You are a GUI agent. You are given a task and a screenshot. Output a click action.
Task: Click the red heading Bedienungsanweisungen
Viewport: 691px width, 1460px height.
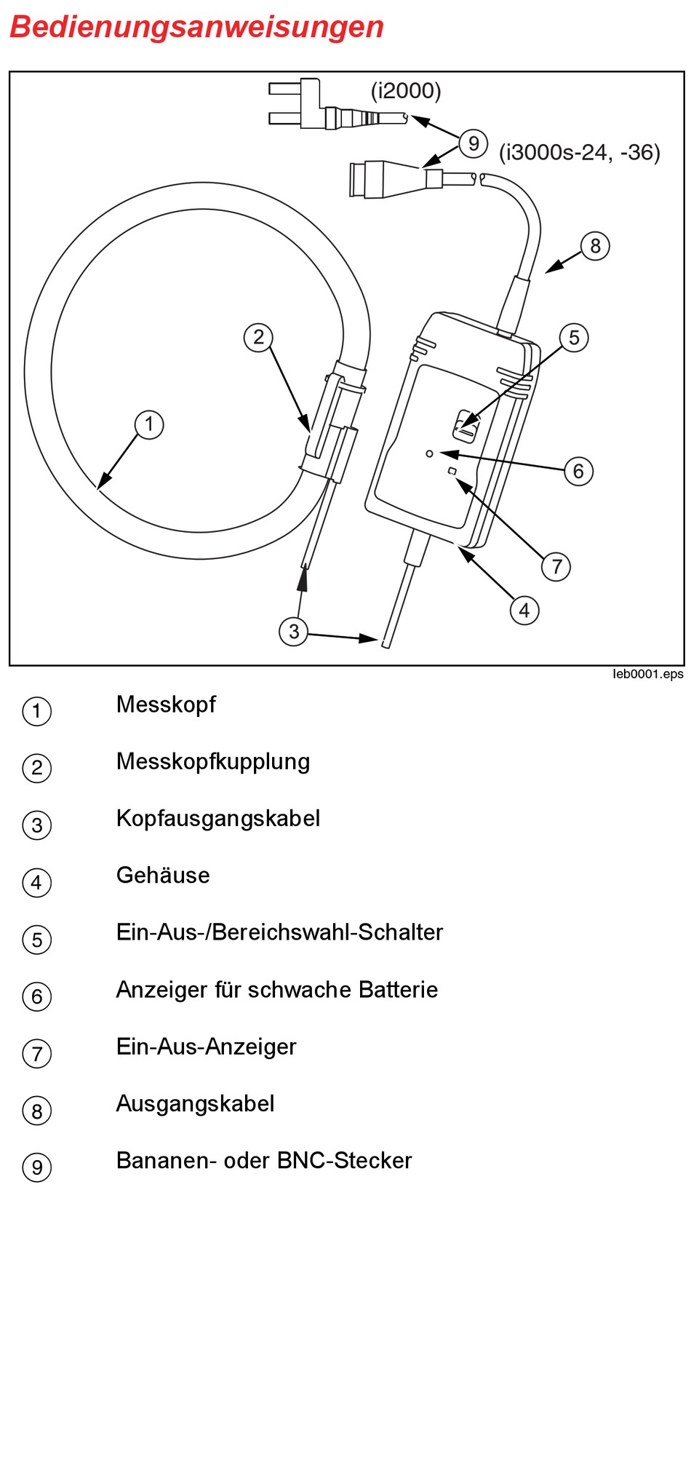coord(196,28)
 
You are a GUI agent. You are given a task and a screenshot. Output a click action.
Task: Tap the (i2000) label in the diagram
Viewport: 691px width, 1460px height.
coord(406,91)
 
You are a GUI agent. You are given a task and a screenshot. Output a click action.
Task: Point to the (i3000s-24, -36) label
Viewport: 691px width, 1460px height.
coord(579,152)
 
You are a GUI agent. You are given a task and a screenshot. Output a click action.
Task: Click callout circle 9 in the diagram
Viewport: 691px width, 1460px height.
coord(474,143)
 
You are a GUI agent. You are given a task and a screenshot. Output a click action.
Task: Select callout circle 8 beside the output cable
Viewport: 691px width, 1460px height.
coord(595,246)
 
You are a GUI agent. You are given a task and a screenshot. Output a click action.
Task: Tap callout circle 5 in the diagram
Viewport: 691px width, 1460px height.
coord(574,338)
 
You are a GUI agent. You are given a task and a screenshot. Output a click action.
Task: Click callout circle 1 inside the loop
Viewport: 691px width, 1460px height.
coord(149,424)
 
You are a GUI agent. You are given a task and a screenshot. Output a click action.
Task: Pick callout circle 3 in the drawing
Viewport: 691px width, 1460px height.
coord(294,631)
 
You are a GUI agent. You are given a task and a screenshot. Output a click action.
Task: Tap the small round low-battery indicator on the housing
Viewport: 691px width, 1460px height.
coord(430,453)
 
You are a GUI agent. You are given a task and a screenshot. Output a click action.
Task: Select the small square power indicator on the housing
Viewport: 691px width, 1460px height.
coord(452,472)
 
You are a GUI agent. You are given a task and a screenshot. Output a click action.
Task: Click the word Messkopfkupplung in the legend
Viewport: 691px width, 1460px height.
coord(213,761)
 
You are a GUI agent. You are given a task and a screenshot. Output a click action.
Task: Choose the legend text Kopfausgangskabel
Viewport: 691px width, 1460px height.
coord(218,818)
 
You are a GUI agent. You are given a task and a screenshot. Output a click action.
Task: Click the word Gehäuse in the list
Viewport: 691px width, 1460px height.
coord(163,875)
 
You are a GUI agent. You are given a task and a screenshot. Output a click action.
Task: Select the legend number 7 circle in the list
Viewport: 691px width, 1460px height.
coord(37,1054)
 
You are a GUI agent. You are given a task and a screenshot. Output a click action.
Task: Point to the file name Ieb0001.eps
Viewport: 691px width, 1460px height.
coord(647,674)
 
